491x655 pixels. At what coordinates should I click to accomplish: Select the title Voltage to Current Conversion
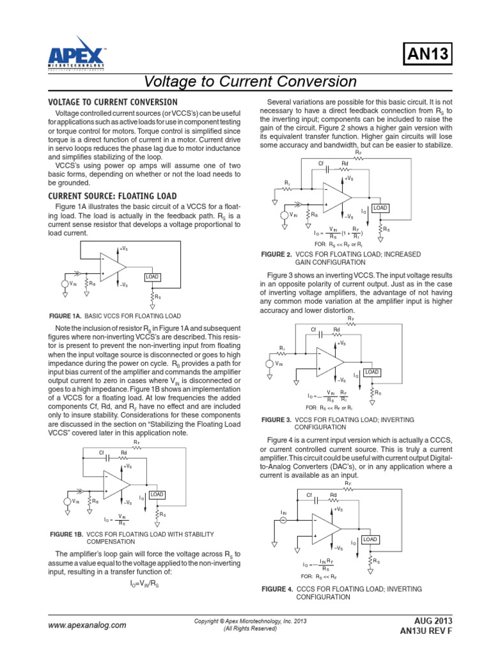point(250,82)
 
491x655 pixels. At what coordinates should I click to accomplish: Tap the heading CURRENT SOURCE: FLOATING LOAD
point(113,195)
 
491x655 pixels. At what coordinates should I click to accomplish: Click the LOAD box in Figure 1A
point(152,276)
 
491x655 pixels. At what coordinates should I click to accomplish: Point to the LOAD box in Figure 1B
point(157,494)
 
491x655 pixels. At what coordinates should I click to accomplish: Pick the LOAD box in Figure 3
point(371,372)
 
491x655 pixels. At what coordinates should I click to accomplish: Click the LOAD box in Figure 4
point(370,539)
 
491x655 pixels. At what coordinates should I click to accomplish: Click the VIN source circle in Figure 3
point(270,364)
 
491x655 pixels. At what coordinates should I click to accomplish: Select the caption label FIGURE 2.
point(277,254)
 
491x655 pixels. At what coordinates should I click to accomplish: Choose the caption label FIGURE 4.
point(277,588)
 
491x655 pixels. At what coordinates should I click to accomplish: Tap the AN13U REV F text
point(426,631)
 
